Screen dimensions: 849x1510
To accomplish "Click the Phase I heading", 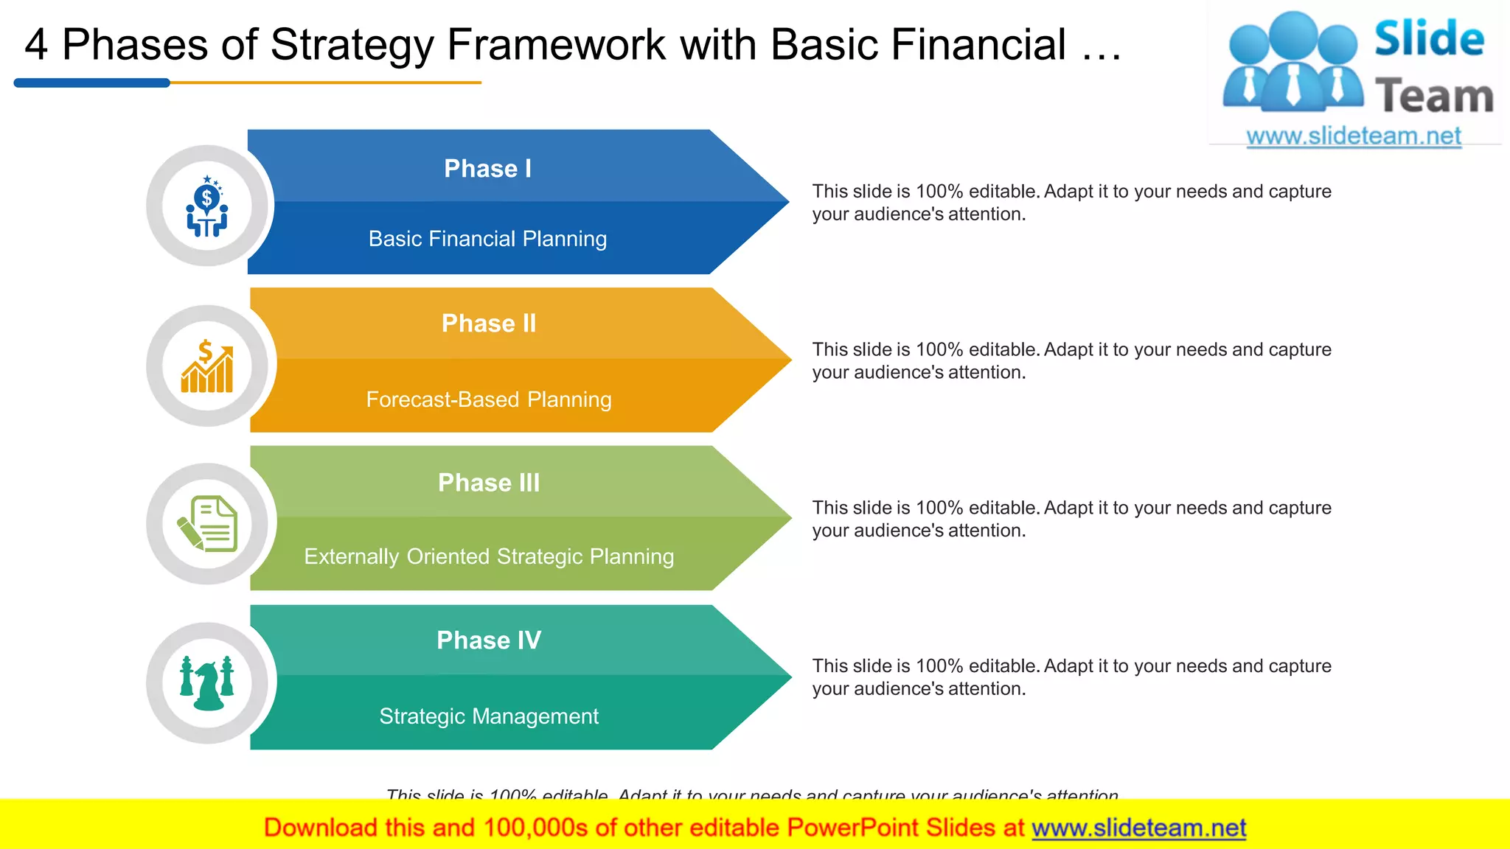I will pos(487,169).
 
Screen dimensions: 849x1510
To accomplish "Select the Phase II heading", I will pos(489,324).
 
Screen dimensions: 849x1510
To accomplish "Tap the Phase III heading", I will pos(489,483).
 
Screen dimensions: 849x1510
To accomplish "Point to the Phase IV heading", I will pos(489,640).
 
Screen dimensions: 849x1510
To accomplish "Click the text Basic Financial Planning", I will pos(487,239).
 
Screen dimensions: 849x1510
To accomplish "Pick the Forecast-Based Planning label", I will pos(489,399).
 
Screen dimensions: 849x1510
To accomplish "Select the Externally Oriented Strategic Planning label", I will pos(489,556).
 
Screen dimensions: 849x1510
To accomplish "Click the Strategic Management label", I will pos(489,716).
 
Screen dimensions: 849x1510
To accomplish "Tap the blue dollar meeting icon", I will pos(207,206).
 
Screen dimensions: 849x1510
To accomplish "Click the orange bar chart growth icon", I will pos(207,366).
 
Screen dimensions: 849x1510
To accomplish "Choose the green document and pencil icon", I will pos(208,524).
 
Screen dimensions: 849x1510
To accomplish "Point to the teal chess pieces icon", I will pos(207,683).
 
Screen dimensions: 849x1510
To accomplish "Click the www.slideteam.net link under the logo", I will pos(1353,136).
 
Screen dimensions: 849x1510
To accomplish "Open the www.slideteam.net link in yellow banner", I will pos(1138,828).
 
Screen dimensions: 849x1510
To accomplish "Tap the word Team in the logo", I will pos(1434,97).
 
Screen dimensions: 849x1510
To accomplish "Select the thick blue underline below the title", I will pos(92,83).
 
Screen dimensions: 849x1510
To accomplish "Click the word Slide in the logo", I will pos(1429,39).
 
